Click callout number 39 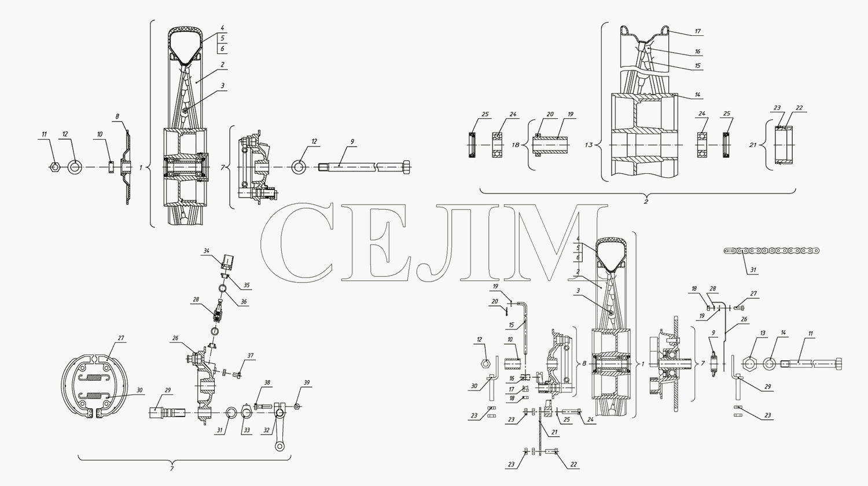point(307,382)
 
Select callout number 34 point(207,251)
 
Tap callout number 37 point(251,356)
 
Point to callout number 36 point(243,302)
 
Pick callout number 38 point(267,382)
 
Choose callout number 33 point(247,430)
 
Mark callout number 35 point(247,286)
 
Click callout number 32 point(267,430)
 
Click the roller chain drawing point(771,251)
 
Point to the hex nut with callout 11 point(54,167)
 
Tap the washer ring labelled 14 point(770,364)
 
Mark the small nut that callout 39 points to point(297,406)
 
